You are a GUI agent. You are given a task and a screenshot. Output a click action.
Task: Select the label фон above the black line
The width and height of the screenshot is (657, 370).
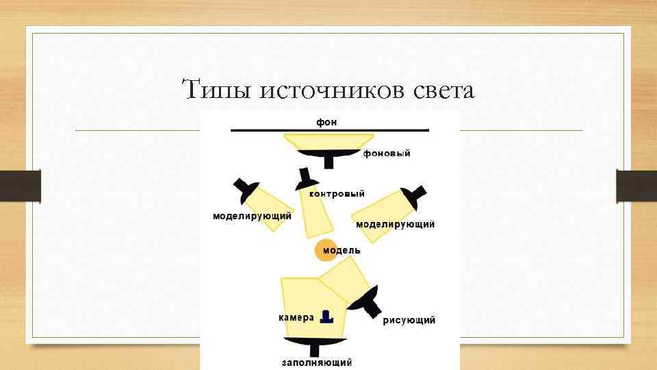(326, 122)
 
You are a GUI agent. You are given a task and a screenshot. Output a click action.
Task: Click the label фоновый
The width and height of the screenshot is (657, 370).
(387, 154)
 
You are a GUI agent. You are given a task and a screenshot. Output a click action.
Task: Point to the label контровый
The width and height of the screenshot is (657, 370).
(337, 194)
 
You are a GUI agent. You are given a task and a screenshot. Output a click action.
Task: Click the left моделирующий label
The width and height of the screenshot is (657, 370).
(252, 216)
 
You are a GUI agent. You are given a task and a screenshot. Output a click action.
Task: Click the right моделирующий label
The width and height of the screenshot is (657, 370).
(395, 224)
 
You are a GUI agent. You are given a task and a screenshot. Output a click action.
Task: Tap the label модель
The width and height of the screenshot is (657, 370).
(342, 251)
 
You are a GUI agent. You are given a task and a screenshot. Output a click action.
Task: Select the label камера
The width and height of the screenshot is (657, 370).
(296, 318)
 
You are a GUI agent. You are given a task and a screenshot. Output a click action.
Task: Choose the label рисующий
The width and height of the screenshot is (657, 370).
(409, 321)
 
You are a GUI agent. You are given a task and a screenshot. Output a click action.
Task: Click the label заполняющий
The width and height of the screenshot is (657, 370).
(317, 362)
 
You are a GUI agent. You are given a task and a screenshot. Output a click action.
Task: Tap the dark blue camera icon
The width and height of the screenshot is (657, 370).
(326, 317)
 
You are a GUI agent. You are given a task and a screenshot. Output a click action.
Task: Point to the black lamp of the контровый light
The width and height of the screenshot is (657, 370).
(303, 180)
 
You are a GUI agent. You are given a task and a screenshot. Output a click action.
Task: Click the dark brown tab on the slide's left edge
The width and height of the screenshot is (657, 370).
(21, 186)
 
